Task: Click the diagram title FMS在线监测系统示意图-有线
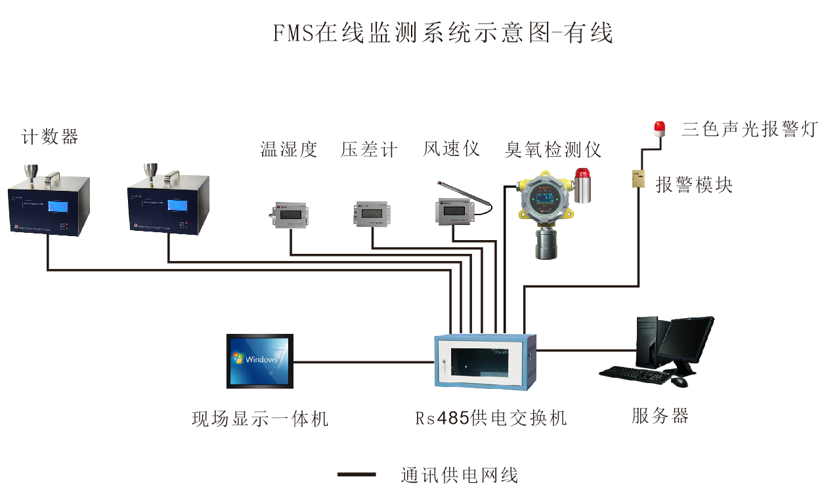(x=443, y=33)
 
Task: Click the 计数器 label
(x=50, y=137)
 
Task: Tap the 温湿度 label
(x=289, y=150)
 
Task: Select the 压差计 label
(x=369, y=150)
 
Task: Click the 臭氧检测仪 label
(x=553, y=150)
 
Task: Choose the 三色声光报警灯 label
(x=749, y=129)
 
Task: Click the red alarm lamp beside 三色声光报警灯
(x=659, y=128)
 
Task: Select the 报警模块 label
(x=694, y=184)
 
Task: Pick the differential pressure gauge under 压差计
(x=372, y=213)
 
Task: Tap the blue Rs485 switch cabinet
(x=485, y=360)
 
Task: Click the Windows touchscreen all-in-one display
(x=260, y=361)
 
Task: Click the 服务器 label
(x=660, y=415)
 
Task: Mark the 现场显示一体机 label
(x=260, y=419)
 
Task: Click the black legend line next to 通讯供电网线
(x=357, y=474)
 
